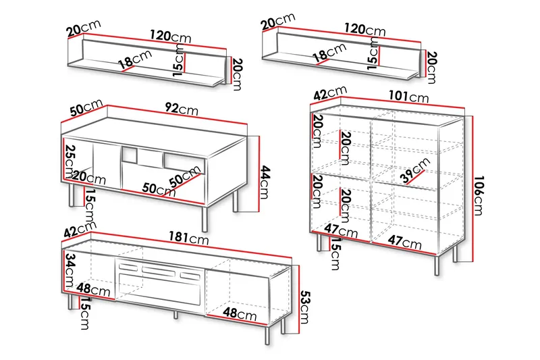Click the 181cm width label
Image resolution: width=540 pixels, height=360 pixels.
[188, 238]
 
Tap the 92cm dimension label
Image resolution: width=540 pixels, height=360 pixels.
[181, 109]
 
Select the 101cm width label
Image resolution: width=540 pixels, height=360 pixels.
[408, 96]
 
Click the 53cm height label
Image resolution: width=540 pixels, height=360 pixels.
[305, 307]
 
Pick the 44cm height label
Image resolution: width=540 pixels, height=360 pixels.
[265, 182]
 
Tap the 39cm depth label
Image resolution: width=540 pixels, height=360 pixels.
[415, 170]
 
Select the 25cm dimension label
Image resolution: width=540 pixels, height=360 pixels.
[70, 161]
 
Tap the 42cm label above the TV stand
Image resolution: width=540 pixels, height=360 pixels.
[80, 230]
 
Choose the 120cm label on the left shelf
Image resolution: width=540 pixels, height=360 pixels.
[170, 36]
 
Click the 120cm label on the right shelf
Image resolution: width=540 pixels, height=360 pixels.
[364, 29]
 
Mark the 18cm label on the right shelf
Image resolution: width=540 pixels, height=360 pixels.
[329, 53]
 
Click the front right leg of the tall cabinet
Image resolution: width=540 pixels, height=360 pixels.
[437, 265]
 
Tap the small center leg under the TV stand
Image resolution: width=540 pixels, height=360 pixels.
[175, 314]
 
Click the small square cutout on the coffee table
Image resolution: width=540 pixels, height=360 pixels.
[129, 155]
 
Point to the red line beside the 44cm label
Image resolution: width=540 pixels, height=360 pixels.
[259, 173]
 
